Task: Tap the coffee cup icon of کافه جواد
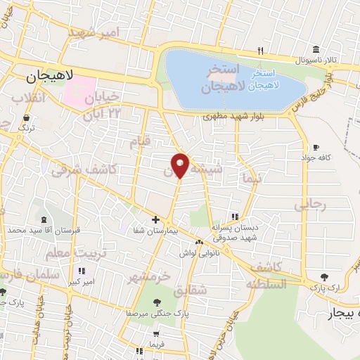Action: point(316,148)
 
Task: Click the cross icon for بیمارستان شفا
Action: point(155,220)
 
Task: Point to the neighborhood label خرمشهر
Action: point(148,276)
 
